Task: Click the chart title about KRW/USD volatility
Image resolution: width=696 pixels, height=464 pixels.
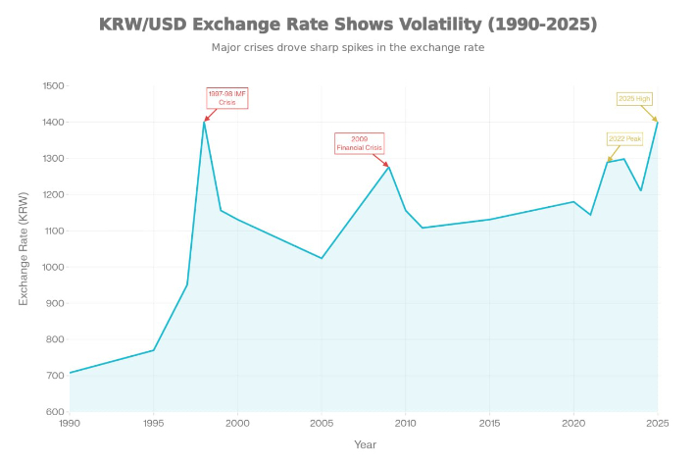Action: tap(348, 24)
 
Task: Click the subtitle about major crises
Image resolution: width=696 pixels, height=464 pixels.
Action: tap(348, 47)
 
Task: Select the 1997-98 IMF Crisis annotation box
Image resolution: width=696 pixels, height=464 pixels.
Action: tap(227, 97)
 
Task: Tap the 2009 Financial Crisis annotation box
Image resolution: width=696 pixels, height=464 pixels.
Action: tap(360, 143)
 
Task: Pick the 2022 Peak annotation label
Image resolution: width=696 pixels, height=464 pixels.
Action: tap(624, 139)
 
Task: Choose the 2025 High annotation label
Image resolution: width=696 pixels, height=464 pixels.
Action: tap(633, 99)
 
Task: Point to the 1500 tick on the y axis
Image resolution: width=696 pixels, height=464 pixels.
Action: tap(53, 86)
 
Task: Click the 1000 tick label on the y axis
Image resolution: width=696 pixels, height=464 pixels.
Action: tap(53, 267)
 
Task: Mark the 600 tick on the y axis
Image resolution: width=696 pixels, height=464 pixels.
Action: tap(55, 412)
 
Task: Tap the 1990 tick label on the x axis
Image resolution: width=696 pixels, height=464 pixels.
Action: tap(70, 423)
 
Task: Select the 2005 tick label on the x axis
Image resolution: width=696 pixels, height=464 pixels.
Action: tap(322, 423)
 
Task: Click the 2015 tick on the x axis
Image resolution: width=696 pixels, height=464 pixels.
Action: tap(489, 423)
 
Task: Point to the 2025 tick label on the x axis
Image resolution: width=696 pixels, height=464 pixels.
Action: tap(657, 423)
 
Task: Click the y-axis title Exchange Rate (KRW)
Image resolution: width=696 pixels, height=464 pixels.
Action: tap(25, 248)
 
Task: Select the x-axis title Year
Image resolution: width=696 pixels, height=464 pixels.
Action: tap(364, 444)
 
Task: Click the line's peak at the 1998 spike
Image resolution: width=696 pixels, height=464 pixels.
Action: tap(204, 122)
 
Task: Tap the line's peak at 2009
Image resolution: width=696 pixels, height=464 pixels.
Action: tap(389, 167)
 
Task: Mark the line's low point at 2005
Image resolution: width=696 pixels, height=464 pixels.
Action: tap(322, 258)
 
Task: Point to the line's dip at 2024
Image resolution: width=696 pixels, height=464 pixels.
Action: tap(641, 190)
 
